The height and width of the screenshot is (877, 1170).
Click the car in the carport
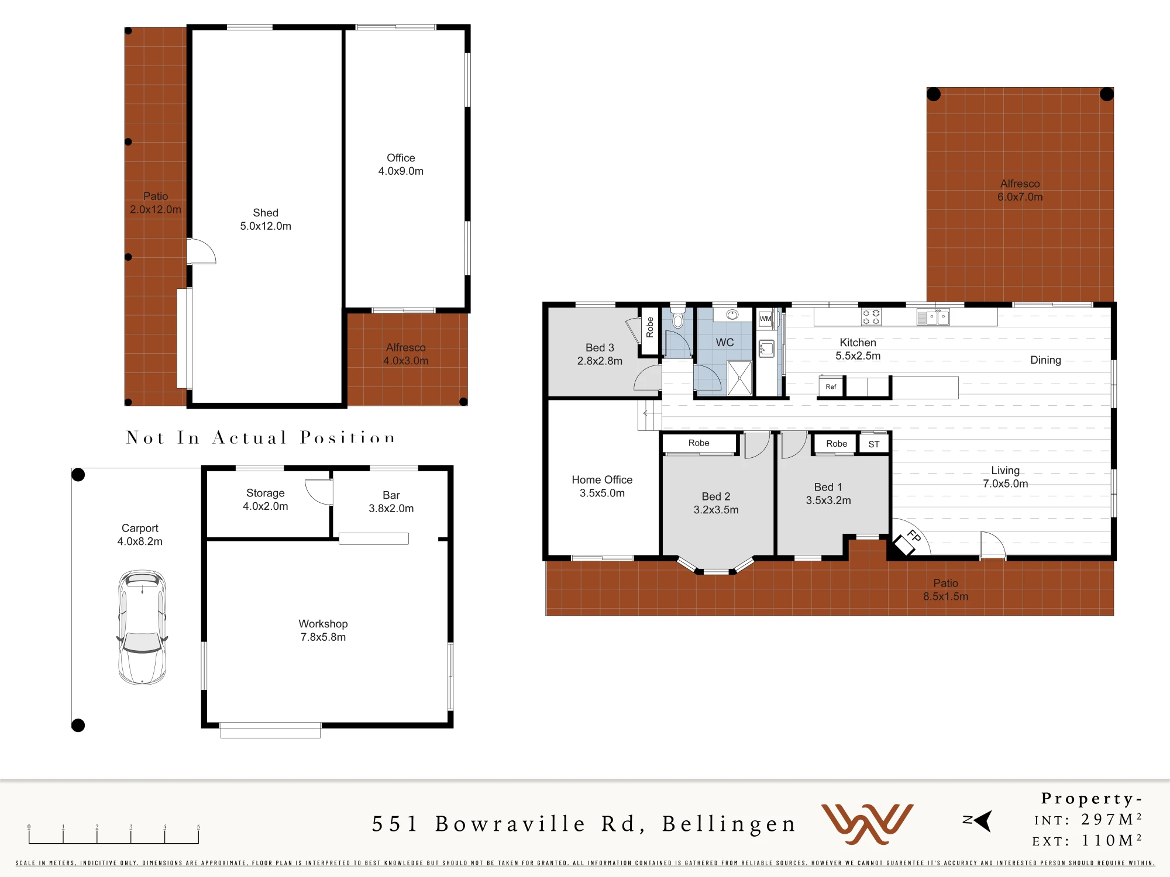(x=142, y=627)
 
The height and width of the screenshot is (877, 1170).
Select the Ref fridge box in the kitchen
(x=831, y=387)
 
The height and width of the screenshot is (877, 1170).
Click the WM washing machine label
(x=765, y=319)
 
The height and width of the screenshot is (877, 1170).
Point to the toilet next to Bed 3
(x=678, y=318)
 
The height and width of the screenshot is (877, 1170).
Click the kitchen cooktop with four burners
(x=871, y=317)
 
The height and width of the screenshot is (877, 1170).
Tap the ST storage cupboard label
(x=874, y=444)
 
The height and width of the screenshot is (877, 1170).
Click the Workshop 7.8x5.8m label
(x=323, y=630)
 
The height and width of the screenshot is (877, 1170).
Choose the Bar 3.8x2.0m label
(x=391, y=502)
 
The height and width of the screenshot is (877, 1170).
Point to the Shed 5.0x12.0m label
(x=266, y=219)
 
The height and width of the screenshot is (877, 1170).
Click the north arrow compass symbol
(x=978, y=820)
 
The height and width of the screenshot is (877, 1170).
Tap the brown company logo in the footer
(x=867, y=823)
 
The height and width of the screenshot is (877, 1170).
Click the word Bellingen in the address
(x=729, y=824)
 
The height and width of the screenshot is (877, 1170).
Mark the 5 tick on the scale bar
(x=198, y=834)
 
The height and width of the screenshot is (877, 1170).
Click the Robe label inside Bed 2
(x=698, y=443)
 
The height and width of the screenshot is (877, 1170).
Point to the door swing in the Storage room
(x=319, y=492)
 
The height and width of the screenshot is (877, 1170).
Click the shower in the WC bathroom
(x=739, y=378)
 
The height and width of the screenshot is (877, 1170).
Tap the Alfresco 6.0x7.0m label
(x=1020, y=191)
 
